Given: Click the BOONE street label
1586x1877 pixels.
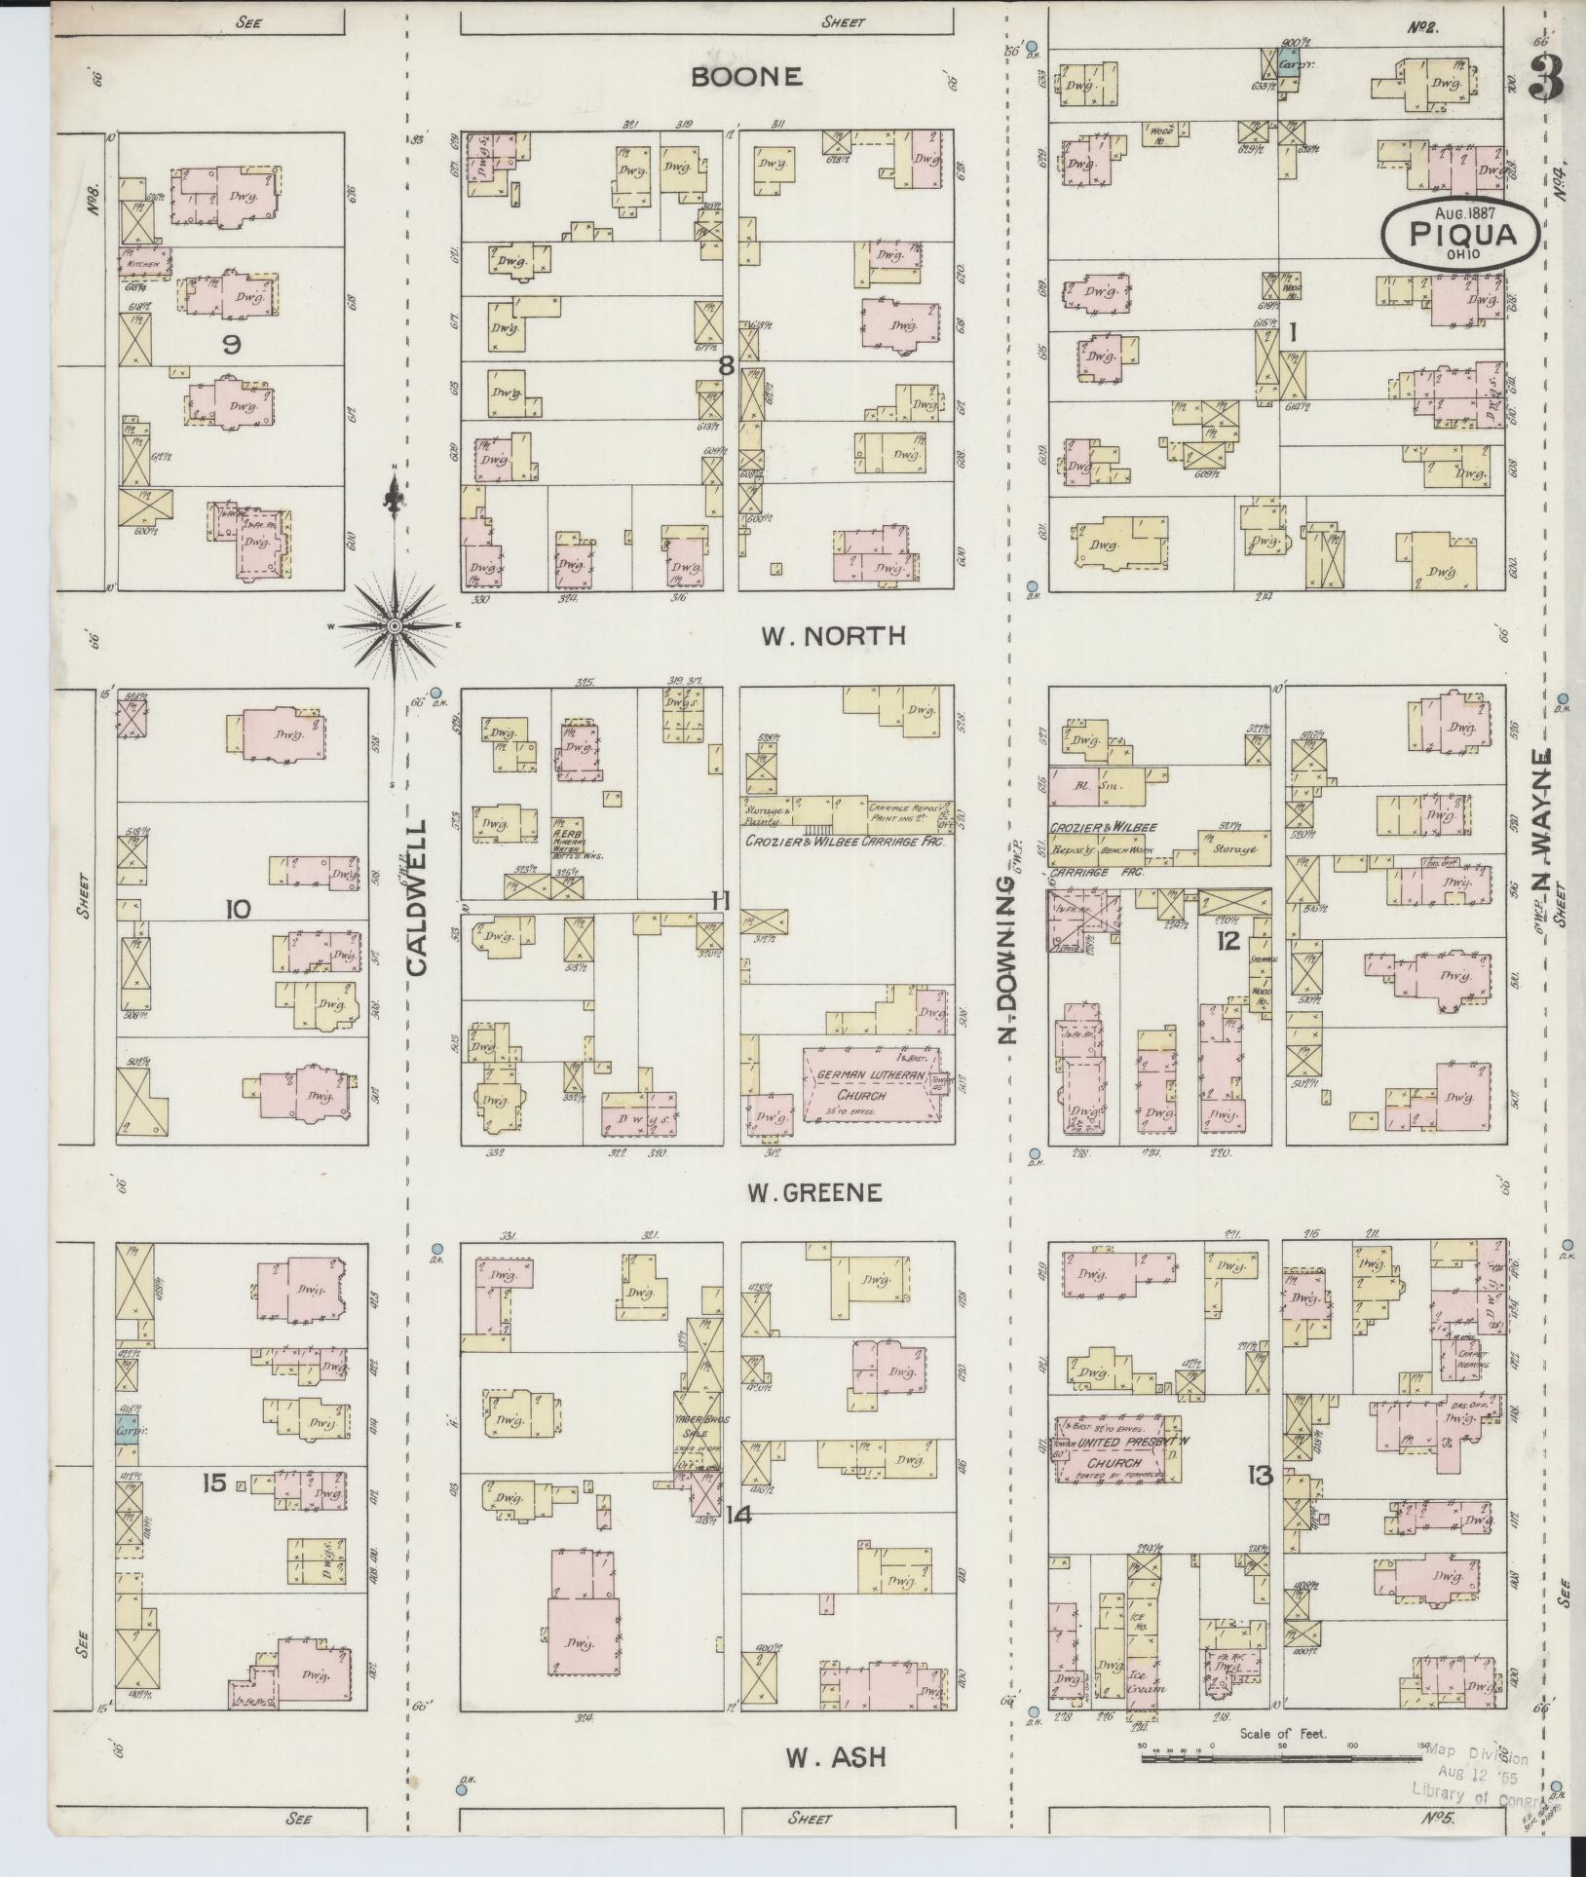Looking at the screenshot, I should pos(746,77).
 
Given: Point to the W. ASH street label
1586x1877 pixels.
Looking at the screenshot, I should pos(835,1757).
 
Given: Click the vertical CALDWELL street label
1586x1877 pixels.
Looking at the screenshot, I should pos(417,897).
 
